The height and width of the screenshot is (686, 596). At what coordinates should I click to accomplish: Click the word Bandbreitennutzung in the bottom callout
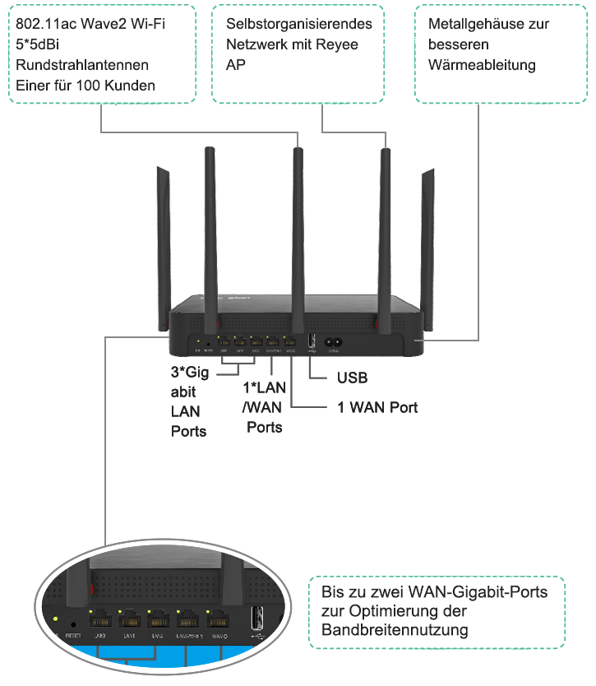pyautogui.click(x=395, y=632)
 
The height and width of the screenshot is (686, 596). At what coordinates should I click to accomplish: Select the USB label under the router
pyautogui.click(x=353, y=378)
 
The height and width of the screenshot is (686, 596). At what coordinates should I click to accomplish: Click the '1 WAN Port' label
pyautogui.click(x=379, y=407)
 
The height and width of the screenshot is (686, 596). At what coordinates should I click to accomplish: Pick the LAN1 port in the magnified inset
pyautogui.click(x=129, y=622)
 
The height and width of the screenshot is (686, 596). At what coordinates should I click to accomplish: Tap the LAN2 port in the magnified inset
pyautogui.click(x=157, y=622)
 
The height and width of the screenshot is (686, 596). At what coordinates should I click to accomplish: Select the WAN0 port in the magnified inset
pyautogui.click(x=219, y=622)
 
